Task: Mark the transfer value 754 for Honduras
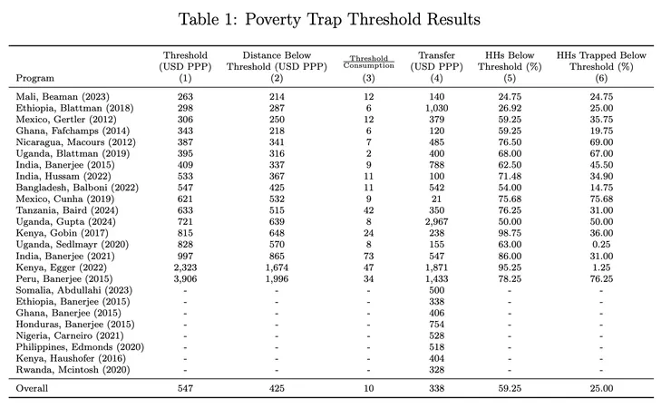437,324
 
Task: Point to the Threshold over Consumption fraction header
369,63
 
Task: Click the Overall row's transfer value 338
437,387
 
